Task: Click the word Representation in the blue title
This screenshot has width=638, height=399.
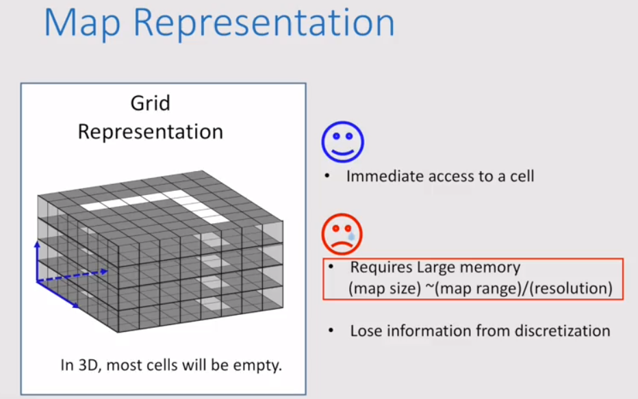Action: tap(264, 25)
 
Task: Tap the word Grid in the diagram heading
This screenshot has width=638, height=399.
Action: tap(150, 103)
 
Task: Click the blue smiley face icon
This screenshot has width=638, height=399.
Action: tap(342, 142)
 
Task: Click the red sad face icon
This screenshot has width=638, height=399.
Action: tap(342, 233)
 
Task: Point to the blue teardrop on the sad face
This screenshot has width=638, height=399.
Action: tap(352, 236)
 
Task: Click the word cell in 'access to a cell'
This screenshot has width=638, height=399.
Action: tap(520, 176)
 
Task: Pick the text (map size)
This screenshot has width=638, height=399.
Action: tap(383, 289)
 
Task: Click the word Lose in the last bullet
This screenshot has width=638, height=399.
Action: tap(366, 331)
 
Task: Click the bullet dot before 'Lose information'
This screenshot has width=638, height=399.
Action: tap(331, 331)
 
